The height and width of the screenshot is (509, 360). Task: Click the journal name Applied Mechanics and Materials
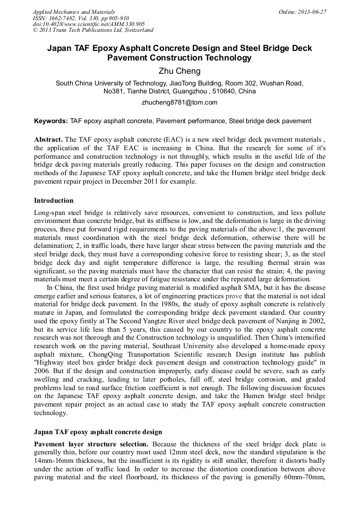pyautogui.click(x=73, y=11)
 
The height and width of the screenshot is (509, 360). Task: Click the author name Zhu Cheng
pyautogui.click(x=179, y=71)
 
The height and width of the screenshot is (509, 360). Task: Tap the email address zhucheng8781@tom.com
pyautogui.click(x=179, y=102)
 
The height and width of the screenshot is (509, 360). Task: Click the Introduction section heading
pyautogui.click(x=54, y=201)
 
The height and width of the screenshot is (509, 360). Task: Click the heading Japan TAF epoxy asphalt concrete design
pyautogui.click(x=98, y=432)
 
